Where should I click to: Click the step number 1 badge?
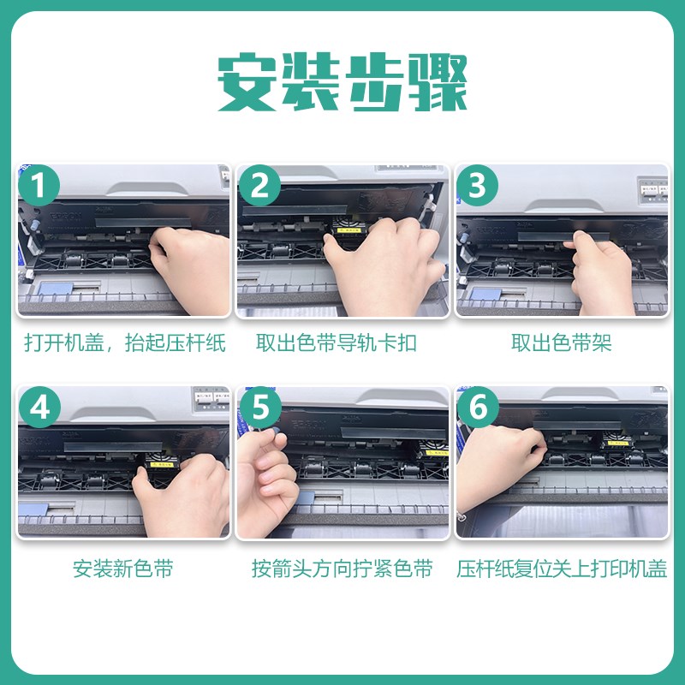[39, 185]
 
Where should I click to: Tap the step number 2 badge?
[259, 185]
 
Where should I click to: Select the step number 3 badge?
[477, 185]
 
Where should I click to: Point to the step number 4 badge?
[39, 408]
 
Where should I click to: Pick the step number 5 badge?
[260, 408]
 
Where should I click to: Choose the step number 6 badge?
[478, 408]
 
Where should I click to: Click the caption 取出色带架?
[562, 342]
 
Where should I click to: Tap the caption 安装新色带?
[122, 569]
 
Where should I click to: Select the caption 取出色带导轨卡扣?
[336, 342]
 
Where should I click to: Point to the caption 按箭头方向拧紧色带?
[342, 569]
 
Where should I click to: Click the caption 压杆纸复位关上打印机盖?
[562, 569]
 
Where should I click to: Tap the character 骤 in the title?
[438, 81]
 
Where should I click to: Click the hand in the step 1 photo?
[191, 269]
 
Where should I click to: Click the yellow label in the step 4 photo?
[161, 464]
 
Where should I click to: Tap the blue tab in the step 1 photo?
[56, 289]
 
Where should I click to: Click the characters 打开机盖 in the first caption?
[63, 342]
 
